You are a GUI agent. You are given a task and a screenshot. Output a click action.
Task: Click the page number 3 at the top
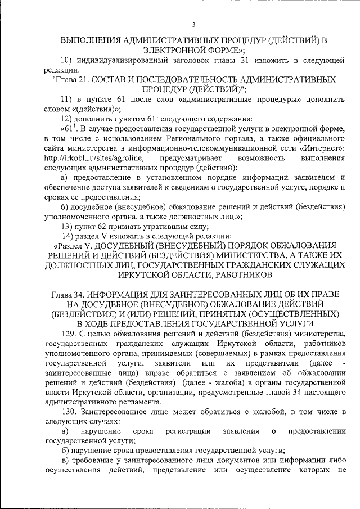coord(193,25)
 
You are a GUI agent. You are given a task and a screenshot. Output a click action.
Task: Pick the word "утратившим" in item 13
coord(156,227)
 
